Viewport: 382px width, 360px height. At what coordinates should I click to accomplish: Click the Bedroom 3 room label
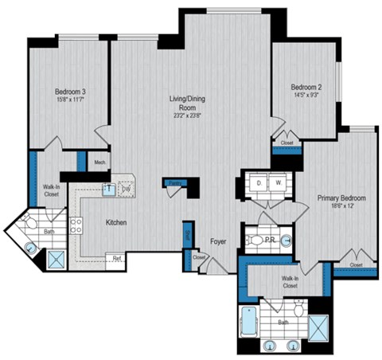(x=70, y=92)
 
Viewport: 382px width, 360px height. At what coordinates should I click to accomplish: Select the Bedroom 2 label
(x=306, y=86)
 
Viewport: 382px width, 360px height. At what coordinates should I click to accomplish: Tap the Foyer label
(x=219, y=241)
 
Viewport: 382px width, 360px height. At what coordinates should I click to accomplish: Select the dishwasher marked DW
(x=126, y=188)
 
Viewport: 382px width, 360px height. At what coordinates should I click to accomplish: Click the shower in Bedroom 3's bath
(x=57, y=257)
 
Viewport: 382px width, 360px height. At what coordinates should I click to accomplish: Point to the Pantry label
(x=173, y=182)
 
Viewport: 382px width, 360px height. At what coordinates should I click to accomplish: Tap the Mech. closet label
(x=100, y=162)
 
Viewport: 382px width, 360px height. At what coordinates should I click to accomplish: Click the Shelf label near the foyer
(x=188, y=233)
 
